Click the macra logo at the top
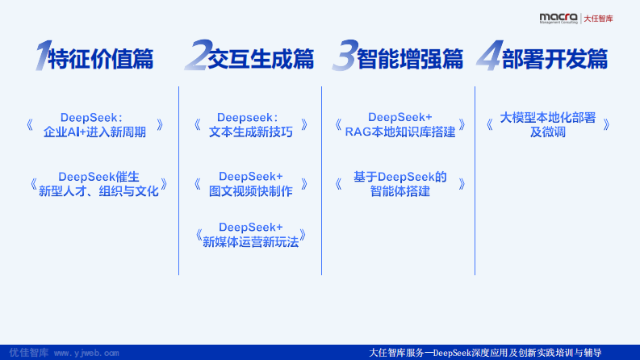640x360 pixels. [558, 16]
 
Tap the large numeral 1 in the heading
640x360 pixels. [41, 57]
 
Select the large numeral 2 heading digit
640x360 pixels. [196, 57]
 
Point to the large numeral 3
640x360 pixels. [345, 57]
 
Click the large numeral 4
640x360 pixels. [487, 57]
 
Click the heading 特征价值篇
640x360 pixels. [101, 58]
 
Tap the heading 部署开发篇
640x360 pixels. [554, 58]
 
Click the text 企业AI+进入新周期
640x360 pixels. [95, 132]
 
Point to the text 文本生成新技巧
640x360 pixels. [250, 132]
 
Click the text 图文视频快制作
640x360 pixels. [251, 191]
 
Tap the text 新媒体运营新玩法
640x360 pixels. [251, 242]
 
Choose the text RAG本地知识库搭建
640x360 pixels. [400, 132]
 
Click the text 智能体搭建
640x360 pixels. [400, 191]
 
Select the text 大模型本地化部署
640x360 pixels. [548, 118]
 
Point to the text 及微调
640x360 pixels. [548, 132]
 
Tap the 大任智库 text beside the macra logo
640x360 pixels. [598, 17]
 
